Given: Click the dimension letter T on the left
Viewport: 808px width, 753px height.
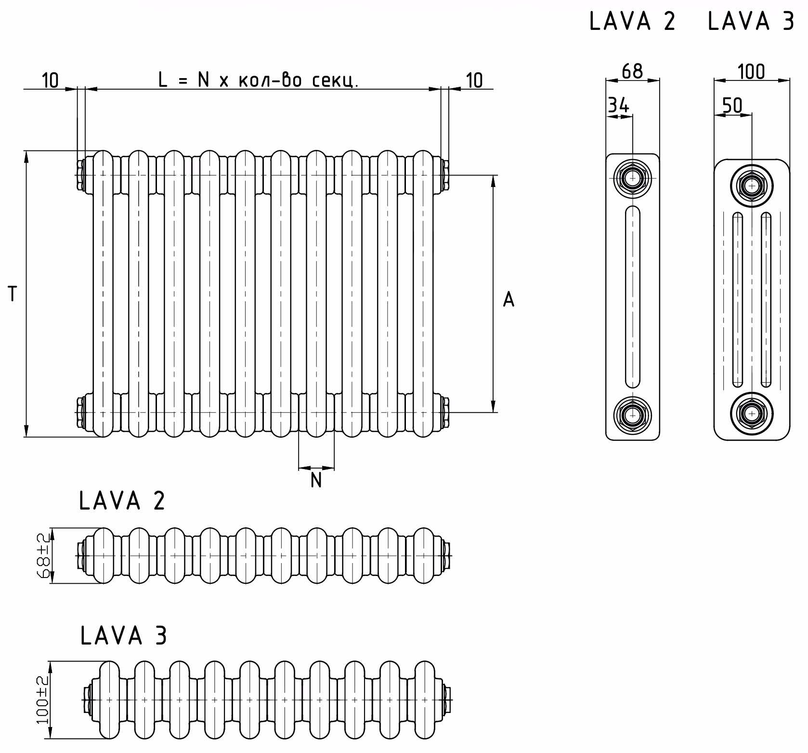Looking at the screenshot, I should point(13,294).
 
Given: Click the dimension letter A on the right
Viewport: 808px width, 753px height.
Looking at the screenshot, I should point(508,299).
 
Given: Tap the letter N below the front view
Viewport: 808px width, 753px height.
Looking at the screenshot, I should point(316,481).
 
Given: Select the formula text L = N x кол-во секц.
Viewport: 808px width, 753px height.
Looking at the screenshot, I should point(259,80).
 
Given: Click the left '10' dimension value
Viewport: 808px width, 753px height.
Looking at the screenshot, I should point(50,81).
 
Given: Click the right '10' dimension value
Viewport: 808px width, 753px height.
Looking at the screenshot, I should point(474,81).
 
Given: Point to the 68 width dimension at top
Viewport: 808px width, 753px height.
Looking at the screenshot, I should point(632,71).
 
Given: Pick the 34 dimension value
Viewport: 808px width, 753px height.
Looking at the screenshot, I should point(618,106).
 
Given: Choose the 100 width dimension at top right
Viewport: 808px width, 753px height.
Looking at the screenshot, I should point(751,72).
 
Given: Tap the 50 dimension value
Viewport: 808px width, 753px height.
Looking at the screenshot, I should point(732,106).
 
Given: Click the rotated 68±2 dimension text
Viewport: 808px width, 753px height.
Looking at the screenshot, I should point(44,556).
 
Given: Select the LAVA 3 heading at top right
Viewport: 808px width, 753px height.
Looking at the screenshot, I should point(751,22).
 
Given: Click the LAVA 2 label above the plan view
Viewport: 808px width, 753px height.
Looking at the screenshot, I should point(122,501).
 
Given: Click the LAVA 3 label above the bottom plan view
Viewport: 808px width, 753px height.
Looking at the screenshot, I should point(124,635).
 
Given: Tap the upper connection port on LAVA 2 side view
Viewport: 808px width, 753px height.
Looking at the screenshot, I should point(632,178).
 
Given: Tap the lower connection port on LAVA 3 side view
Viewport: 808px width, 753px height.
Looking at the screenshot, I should point(751,413).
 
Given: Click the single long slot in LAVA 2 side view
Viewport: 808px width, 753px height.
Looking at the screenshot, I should point(632,296).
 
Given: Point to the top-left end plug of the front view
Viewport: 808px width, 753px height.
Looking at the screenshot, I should point(81,175).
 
